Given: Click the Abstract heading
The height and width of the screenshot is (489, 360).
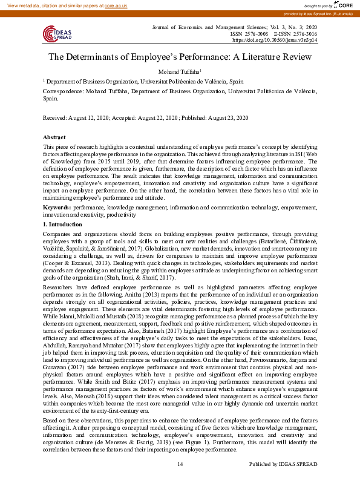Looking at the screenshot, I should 55,137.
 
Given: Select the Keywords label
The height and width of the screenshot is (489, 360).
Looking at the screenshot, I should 57,208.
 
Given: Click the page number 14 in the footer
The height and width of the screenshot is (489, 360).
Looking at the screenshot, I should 180,481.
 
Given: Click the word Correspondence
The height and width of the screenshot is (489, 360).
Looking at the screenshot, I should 63,90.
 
